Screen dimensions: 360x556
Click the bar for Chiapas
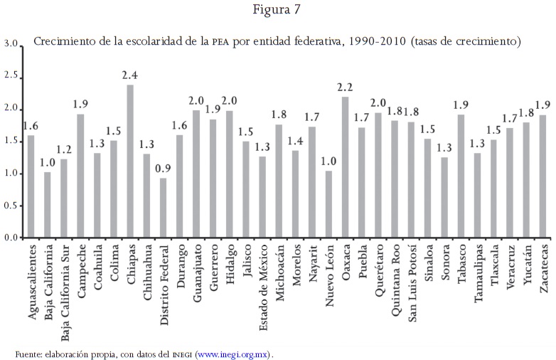click(130, 162)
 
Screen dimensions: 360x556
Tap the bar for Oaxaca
click(346, 167)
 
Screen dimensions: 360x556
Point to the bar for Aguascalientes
click(31, 186)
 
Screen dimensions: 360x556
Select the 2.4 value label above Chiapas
click(129, 75)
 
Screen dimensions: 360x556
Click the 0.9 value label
click(164, 168)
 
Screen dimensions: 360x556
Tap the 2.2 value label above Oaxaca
click(346, 87)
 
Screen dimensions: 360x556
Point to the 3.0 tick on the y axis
click(10, 44)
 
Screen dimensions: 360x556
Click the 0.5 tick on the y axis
click(10, 206)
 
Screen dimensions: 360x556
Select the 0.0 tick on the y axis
click(10, 238)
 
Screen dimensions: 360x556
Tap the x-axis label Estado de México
click(263, 282)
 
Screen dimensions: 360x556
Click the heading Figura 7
click(278, 11)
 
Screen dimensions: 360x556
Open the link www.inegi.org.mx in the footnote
click(233, 354)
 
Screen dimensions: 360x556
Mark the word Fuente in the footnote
click(28, 354)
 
